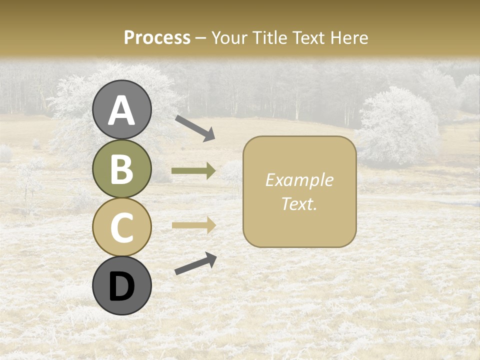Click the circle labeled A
click(121, 110)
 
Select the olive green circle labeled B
click(121, 169)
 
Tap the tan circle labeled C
click(121, 227)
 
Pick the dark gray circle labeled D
click(121, 286)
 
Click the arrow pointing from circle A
click(195, 127)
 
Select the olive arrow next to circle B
click(193, 171)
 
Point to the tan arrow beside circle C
click(193, 225)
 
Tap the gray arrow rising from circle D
click(195, 263)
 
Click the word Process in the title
click(157, 37)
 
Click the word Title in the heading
click(270, 37)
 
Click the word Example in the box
click(299, 180)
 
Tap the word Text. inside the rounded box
click(299, 203)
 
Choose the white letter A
click(121, 110)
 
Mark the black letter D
click(121, 286)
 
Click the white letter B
click(121, 169)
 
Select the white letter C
click(121, 228)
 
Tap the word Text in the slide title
click(310, 37)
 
